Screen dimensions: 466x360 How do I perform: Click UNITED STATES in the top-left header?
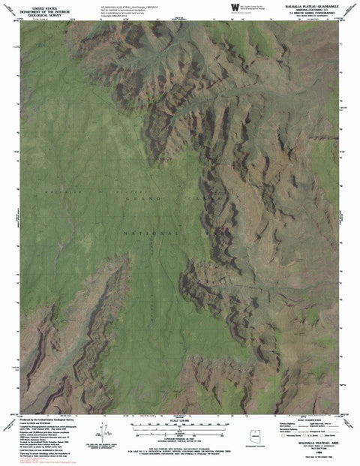pos(38,4)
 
